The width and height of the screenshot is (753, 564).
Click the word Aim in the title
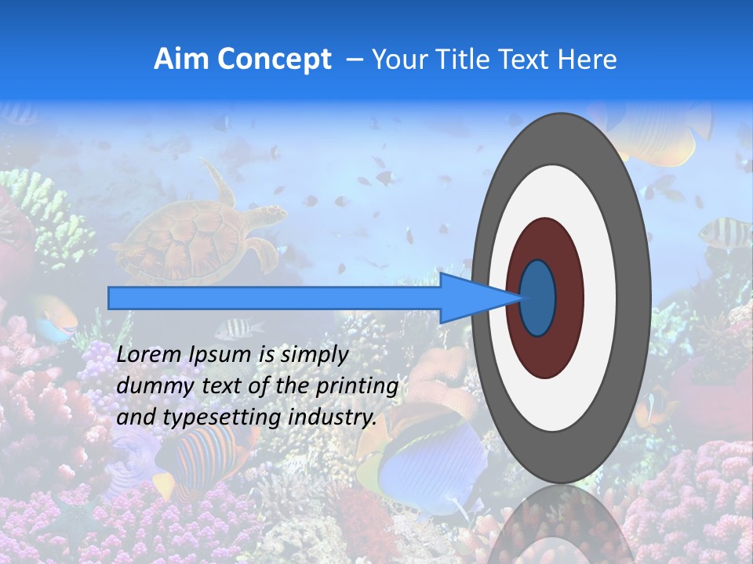tap(180, 60)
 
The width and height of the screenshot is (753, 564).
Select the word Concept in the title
tap(273, 60)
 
